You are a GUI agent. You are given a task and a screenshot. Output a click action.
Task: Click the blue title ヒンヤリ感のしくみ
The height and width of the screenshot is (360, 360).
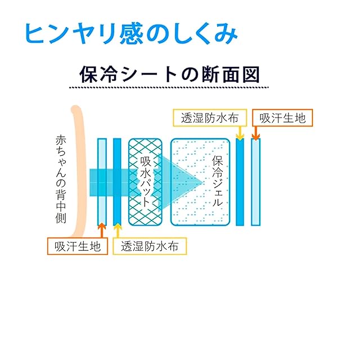[x=129, y=34]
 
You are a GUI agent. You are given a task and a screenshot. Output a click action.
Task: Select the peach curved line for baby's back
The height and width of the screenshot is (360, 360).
[x=78, y=169]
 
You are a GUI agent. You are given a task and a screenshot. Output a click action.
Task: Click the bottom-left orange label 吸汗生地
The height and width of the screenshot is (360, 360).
[x=78, y=246]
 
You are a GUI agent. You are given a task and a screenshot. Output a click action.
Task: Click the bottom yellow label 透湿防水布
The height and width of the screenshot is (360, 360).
[x=149, y=246]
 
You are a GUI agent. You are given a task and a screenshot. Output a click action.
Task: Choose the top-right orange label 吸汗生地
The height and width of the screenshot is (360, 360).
[x=284, y=118]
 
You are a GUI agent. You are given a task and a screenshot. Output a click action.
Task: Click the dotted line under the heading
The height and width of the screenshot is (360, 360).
[x=169, y=88]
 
